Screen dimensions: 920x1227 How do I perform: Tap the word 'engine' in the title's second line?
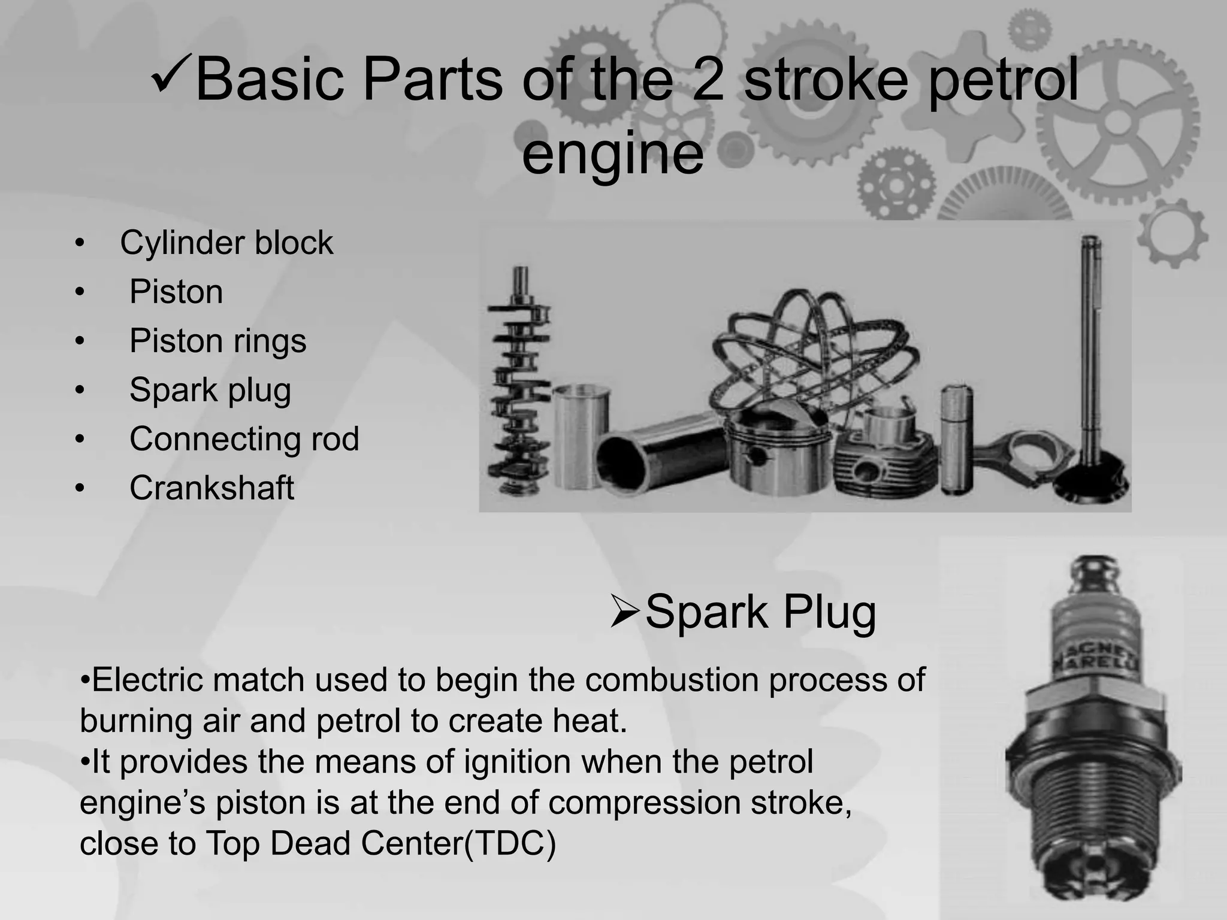(x=612, y=153)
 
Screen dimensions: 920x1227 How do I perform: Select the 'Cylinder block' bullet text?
(x=226, y=243)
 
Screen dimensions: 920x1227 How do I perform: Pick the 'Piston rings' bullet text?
(x=217, y=341)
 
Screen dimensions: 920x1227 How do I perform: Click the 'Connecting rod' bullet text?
(x=244, y=438)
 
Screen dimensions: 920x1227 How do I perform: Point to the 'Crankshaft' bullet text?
(x=211, y=488)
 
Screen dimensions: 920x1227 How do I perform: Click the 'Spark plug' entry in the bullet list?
(x=210, y=390)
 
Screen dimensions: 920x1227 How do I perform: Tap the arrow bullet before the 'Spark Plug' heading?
(x=625, y=612)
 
